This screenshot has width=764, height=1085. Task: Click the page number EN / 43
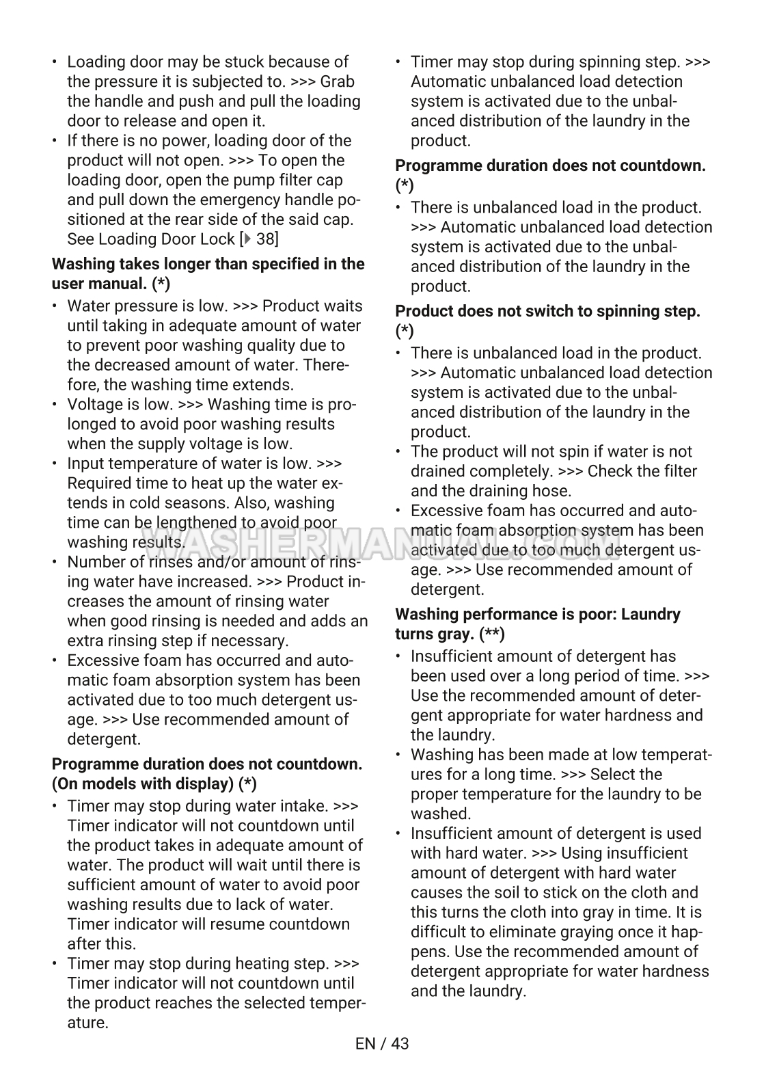click(x=382, y=1043)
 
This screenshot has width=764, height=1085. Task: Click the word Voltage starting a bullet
click(x=92, y=405)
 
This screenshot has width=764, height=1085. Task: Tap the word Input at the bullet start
click(x=83, y=464)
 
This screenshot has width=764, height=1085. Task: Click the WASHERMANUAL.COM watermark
click(x=382, y=545)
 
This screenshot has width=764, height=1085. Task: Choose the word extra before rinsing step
click(x=83, y=641)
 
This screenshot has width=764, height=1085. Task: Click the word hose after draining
click(x=553, y=491)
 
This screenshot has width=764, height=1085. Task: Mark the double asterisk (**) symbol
click(x=492, y=634)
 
